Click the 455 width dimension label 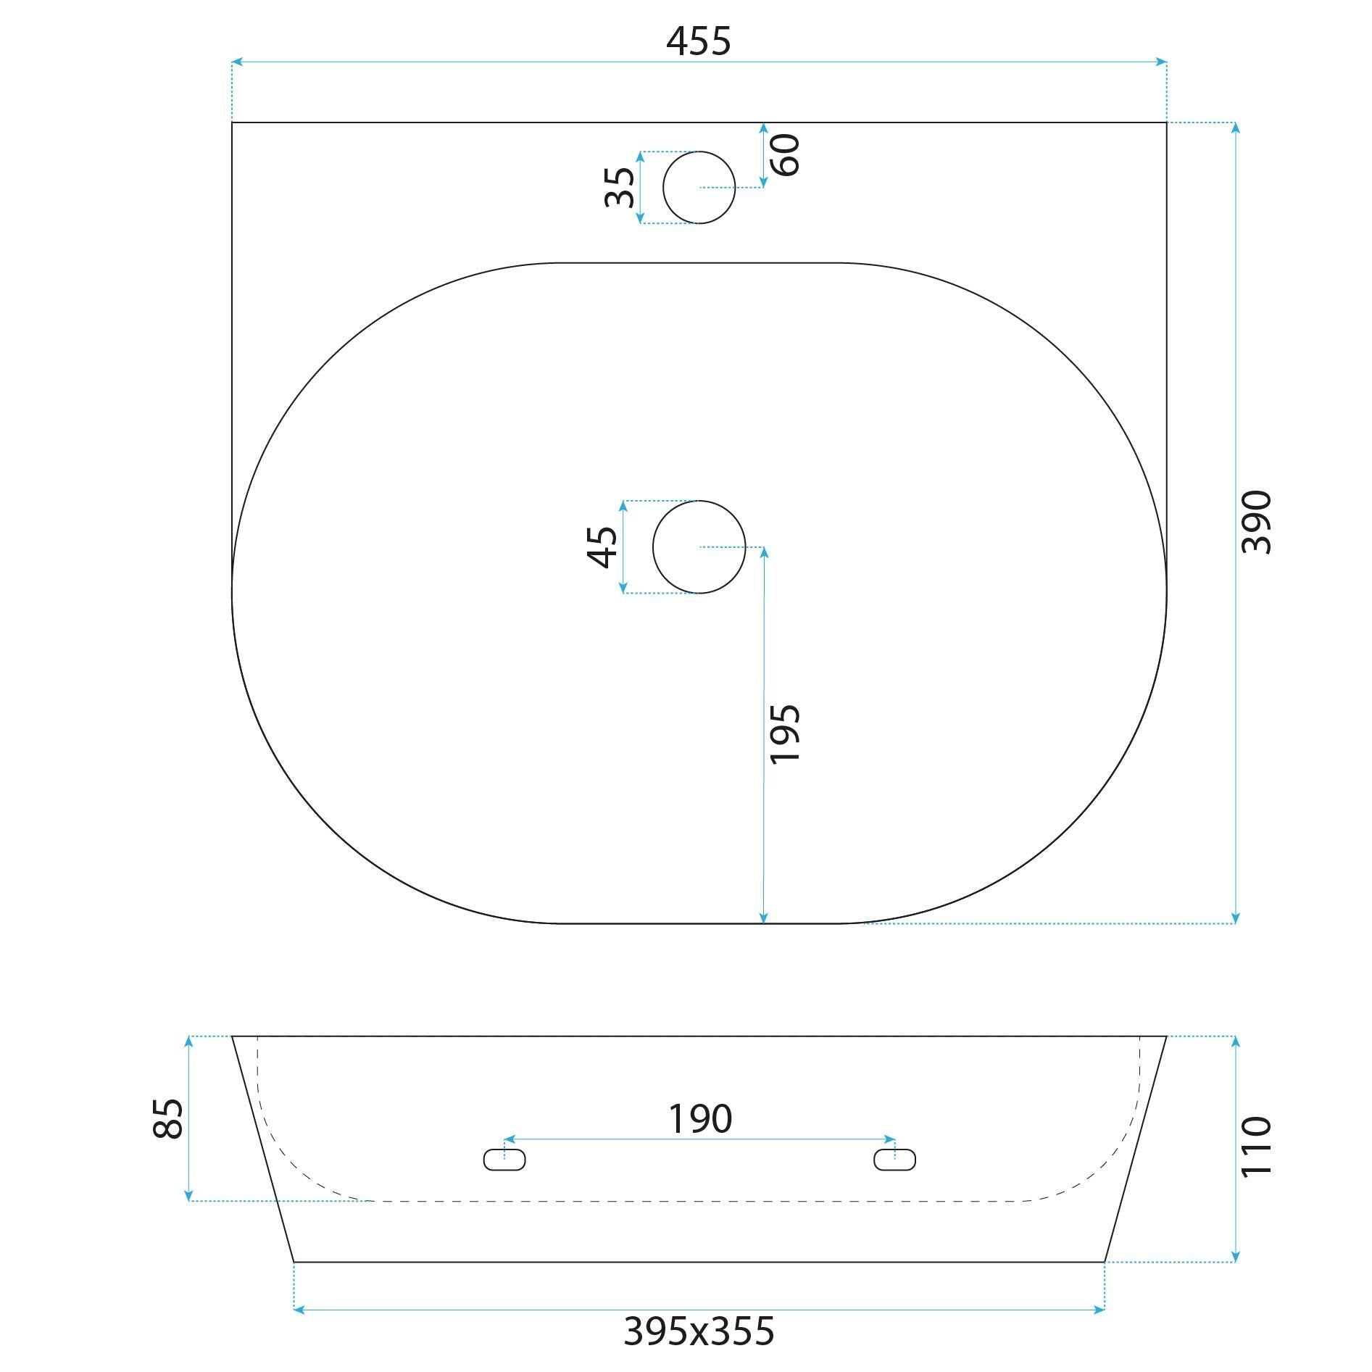click(698, 41)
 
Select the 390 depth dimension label click(1256, 523)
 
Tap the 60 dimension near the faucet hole click(785, 154)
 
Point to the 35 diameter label click(620, 187)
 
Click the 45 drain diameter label click(603, 546)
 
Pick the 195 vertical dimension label click(785, 733)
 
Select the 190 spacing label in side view click(699, 1119)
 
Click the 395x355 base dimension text click(699, 1331)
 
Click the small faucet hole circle click(699, 188)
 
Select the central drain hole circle click(699, 546)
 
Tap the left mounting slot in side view click(504, 1160)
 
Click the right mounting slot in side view click(894, 1160)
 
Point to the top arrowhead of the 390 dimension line click(1235, 128)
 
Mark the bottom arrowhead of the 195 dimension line click(763, 918)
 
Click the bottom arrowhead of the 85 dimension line click(189, 1195)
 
